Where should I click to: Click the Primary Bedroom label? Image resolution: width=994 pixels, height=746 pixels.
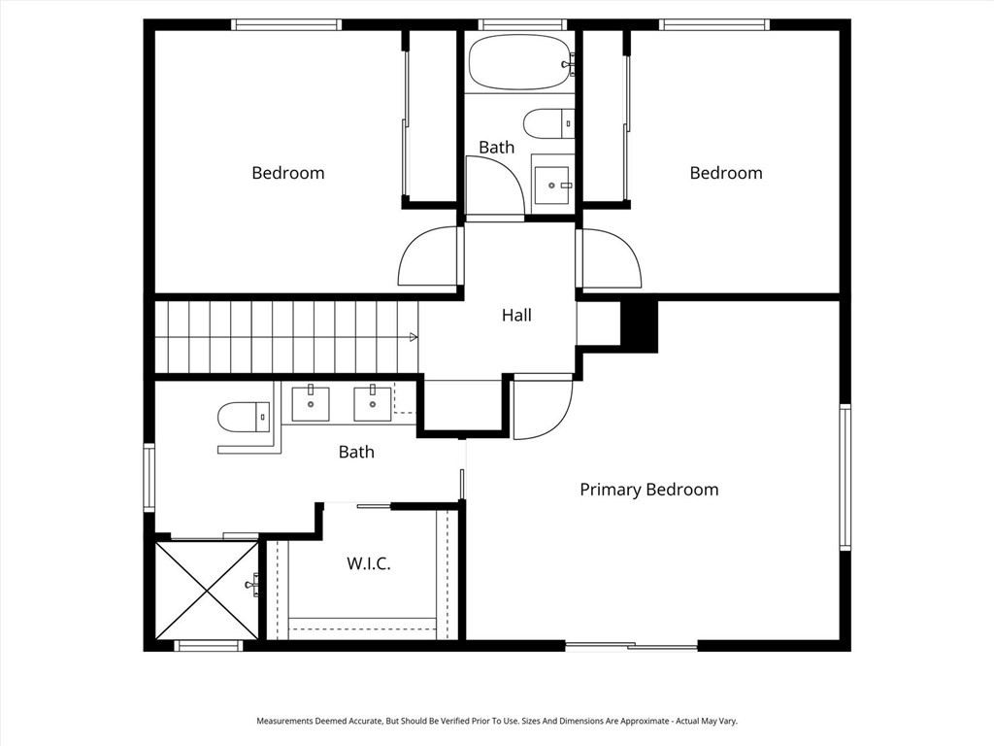click(648, 490)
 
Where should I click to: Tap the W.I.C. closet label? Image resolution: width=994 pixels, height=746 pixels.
click(369, 563)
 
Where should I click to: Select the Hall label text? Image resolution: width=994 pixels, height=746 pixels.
click(516, 315)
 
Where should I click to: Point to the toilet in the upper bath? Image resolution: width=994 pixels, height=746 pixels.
click(547, 123)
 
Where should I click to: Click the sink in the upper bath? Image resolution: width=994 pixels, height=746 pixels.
click(553, 185)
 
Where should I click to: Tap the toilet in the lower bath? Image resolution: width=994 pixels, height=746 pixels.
click(243, 418)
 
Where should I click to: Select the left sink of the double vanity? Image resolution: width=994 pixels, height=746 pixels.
click(311, 403)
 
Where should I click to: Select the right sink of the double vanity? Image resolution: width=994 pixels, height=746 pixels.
click(373, 403)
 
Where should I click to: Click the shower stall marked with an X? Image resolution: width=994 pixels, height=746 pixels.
click(207, 590)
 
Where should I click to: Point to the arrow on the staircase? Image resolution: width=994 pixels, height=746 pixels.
click(414, 337)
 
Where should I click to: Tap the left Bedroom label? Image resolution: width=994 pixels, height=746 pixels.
click(288, 173)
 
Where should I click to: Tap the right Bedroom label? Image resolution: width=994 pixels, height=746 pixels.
click(726, 173)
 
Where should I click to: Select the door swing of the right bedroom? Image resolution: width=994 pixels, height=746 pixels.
click(610, 259)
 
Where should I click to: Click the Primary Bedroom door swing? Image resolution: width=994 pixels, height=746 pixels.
click(542, 408)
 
